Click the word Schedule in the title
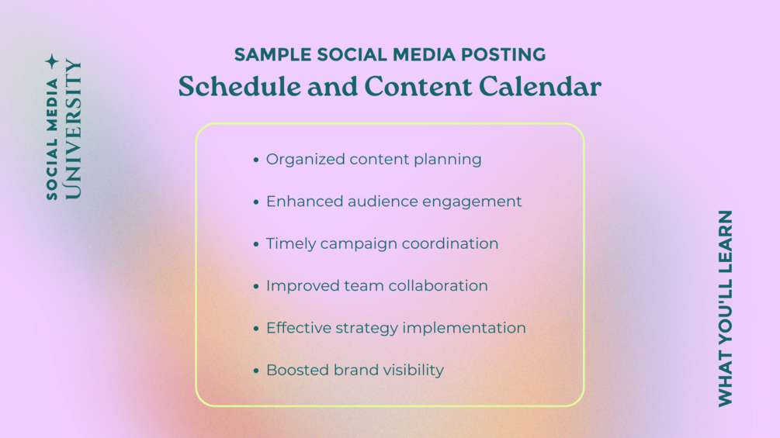(x=240, y=86)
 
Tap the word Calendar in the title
(x=540, y=86)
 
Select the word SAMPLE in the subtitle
(x=272, y=54)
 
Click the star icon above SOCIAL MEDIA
(x=52, y=62)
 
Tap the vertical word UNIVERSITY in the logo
(x=73, y=129)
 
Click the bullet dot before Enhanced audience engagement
(x=256, y=202)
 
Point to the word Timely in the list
(x=290, y=244)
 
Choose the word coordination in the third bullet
(x=450, y=243)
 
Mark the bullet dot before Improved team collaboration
(x=256, y=287)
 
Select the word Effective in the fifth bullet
(x=299, y=328)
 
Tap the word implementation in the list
(x=464, y=328)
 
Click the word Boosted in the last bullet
(x=297, y=370)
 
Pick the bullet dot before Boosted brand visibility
(x=256, y=371)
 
